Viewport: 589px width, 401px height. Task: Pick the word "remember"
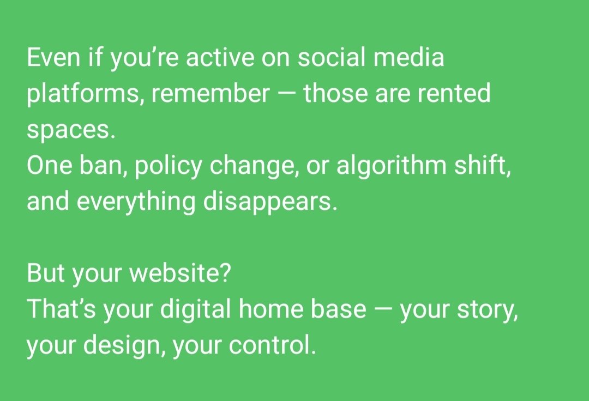pyautogui.click(x=211, y=94)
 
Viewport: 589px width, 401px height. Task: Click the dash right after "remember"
pyautogui.click(x=286, y=94)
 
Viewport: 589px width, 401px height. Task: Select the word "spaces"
pyautogui.click(x=71, y=131)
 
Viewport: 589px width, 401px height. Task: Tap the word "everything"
pyautogui.click(x=136, y=202)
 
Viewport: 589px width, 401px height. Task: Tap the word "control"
pyautogui.click(x=273, y=346)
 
